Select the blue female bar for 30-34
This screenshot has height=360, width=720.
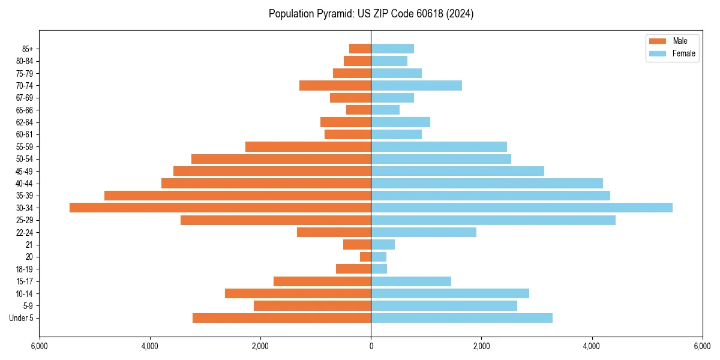click(x=521, y=208)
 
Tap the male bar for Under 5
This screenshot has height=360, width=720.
click(x=281, y=318)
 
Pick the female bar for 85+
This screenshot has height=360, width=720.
click(x=392, y=49)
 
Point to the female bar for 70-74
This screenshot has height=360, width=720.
click(x=416, y=85)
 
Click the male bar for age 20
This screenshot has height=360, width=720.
click(x=365, y=257)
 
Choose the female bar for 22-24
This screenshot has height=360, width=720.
click(x=424, y=232)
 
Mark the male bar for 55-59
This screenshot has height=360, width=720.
click(x=308, y=146)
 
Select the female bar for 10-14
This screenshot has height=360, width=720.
click(x=450, y=293)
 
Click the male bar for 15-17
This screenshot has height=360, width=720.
click(x=322, y=281)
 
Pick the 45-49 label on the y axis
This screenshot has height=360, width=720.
click(x=24, y=171)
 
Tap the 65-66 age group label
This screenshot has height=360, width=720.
click(x=24, y=110)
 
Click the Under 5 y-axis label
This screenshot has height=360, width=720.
click(x=21, y=318)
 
